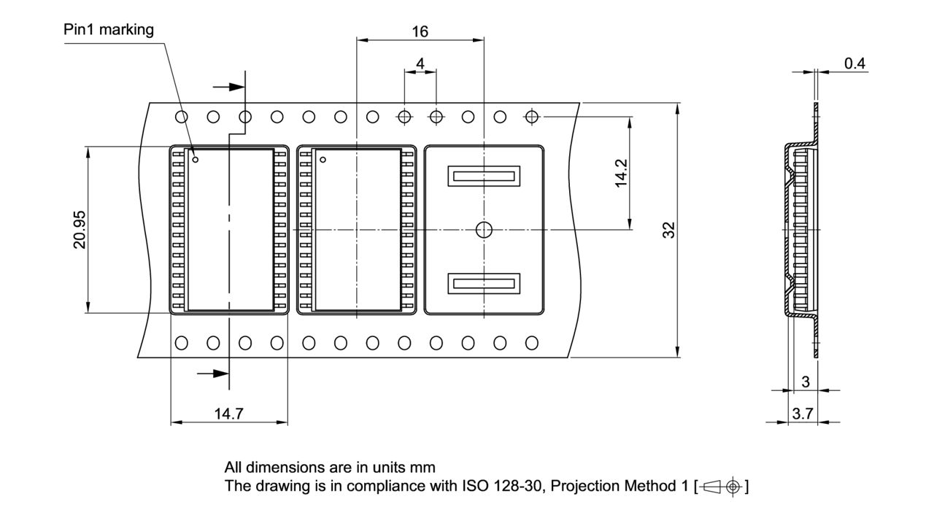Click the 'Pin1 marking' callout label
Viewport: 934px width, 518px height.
(109, 30)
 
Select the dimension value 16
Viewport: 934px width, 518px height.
(420, 31)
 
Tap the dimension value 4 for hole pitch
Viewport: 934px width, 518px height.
(420, 63)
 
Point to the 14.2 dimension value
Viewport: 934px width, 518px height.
(621, 174)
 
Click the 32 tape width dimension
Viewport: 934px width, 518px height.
(669, 230)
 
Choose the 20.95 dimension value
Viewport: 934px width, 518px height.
(79, 230)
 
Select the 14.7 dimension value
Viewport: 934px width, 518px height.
(228, 414)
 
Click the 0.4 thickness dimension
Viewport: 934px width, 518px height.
(854, 63)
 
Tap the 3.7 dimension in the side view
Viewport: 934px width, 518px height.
(803, 414)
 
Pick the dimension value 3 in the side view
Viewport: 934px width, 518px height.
(806, 382)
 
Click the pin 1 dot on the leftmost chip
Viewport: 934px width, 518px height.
(196, 159)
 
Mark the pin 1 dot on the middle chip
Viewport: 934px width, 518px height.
(323, 159)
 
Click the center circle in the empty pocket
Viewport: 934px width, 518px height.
(483, 230)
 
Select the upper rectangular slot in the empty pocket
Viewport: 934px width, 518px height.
(483, 175)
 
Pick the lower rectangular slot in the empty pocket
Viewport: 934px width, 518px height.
(483, 283)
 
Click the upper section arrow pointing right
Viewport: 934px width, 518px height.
(230, 87)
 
